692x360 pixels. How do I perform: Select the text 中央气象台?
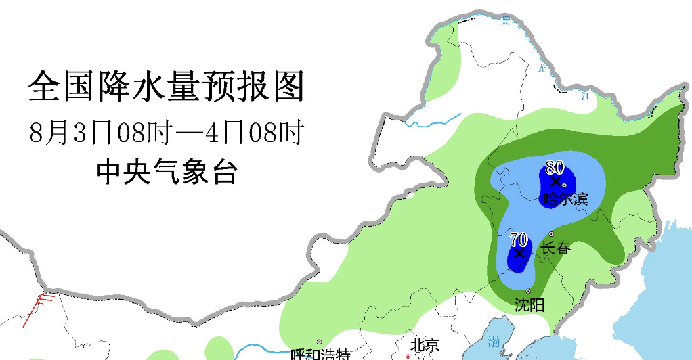tap(166, 173)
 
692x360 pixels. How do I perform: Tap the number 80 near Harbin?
tap(555, 166)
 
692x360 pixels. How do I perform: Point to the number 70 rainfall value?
tap(519, 239)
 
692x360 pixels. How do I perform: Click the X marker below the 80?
tap(555, 181)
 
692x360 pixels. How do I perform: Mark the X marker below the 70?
tap(519, 254)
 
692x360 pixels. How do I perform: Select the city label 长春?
tap(556, 248)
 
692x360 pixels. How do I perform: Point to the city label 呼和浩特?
tap(320, 355)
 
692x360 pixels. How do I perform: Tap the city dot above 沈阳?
tap(528, 291)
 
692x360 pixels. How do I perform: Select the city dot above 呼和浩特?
tap(319, 342)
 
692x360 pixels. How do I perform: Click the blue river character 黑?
tap(506, 20)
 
